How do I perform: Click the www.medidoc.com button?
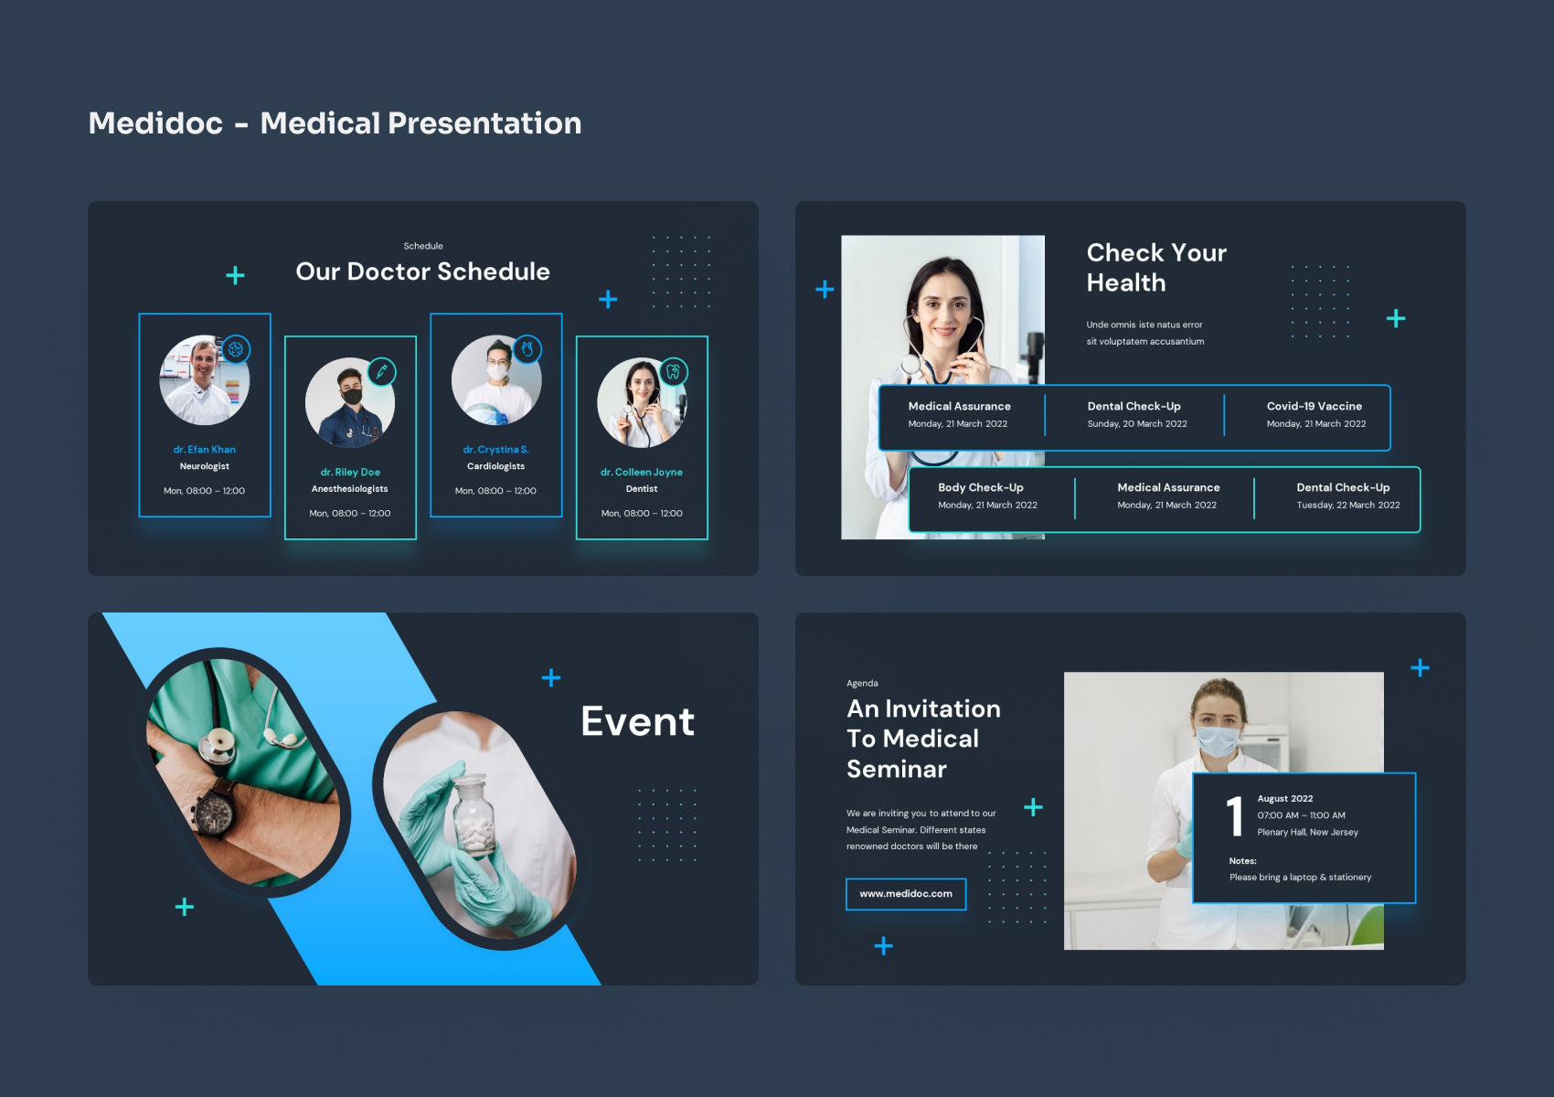[x=906, y=894]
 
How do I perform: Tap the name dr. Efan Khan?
[x=205, y=450]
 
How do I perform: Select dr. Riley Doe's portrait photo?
[x=349, y=402]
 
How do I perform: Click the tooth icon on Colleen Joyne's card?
[x=674, y=372]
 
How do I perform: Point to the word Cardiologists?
[x=495, y=466]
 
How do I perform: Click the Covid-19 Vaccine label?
[x=1314, y=407]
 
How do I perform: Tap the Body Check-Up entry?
[x=980, y=488]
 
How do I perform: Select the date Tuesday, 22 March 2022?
[x=1347, y=506]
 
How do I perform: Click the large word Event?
[x=638, y=722]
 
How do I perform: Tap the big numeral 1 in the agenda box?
[x=1235, y=816]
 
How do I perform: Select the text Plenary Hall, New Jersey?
[x=1307, y=833]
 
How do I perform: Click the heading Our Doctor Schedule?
[x=422, y=272]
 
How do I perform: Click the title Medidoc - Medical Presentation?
[x=335, y=123]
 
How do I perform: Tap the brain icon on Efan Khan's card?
[x=236, y=349]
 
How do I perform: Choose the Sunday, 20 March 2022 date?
[x=1136, y=424]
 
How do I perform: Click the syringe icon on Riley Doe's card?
[x=381, y=372]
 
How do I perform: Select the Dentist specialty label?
[x=642, y=489]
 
